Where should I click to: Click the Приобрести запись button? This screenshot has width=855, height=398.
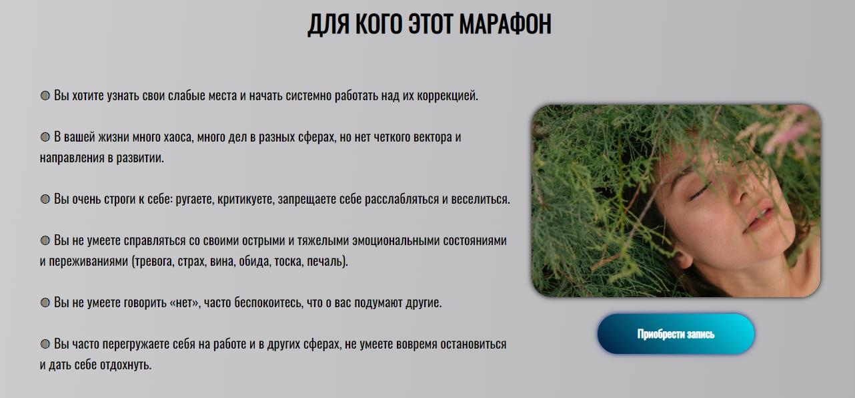[x=676, y=334]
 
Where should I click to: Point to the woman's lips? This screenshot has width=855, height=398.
[x=760, y=218]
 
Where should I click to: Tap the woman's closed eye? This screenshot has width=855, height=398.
[x=698, y=192]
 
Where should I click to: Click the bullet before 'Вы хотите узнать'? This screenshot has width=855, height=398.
[x=45, y=95]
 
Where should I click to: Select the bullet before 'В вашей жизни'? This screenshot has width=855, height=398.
[x=45, y=137]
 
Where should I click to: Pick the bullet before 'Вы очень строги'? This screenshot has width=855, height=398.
[x=45, y=199]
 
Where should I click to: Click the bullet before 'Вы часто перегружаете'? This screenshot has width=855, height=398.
[x=45, y=345]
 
